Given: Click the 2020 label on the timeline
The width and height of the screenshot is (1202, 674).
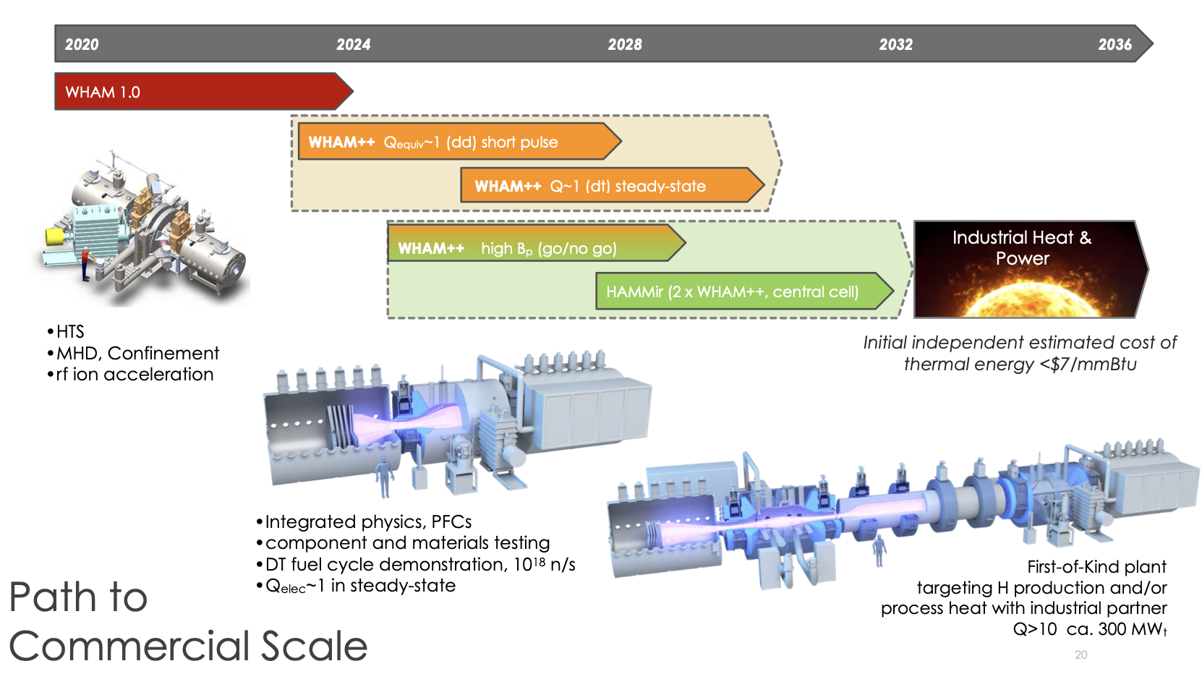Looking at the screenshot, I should click(x=82, y=45).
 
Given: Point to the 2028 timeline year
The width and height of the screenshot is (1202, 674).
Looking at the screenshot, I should click(x=625, y=45).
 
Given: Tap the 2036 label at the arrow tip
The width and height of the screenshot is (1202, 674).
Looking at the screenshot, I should click(x=1114, y=45).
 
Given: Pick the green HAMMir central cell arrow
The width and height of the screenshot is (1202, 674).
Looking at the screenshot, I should click(x=738, y=291).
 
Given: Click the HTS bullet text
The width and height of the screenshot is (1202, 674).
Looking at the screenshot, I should click(x=70, y=332).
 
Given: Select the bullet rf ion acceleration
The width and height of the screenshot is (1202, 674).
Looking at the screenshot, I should click(x=135, y=375).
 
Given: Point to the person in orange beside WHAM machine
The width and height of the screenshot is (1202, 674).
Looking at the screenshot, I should click(x=86, y=263).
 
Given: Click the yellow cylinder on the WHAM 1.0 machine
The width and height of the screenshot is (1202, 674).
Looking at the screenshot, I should click(x=54, y=236).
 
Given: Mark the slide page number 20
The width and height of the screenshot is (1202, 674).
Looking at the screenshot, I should click(x=1080, y=654).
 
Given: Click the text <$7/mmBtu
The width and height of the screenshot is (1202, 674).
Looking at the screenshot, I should click(x=1088, y=364).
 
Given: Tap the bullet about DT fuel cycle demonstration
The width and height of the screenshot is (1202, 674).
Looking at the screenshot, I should click(x=419, y=564).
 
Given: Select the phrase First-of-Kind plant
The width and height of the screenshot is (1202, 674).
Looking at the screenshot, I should click(x=1096, y=567).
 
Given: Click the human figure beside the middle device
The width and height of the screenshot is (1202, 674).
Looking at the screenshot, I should click(x=384, y=477).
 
